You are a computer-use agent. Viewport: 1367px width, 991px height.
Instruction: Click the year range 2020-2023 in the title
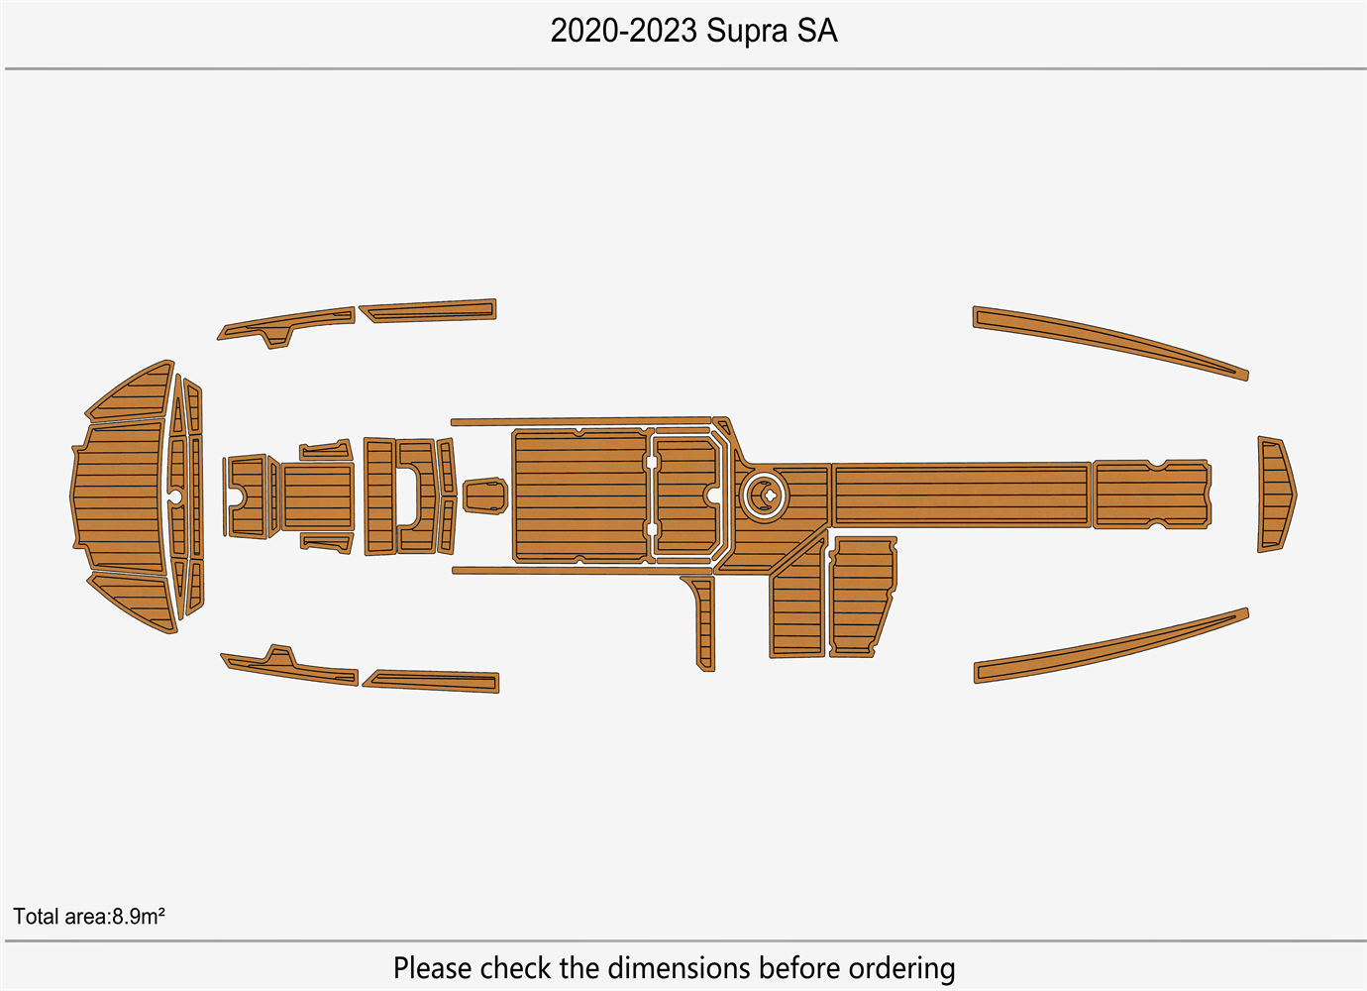(623, 31)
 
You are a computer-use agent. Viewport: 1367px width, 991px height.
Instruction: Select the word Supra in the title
(746, 32)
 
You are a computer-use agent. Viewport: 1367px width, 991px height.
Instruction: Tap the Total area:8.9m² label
(89, 916)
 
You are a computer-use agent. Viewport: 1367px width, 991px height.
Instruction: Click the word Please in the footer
(432, 968)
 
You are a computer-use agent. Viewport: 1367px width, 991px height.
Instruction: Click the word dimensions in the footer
(680, 968)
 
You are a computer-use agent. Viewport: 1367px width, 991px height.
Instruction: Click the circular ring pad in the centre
(765, 495)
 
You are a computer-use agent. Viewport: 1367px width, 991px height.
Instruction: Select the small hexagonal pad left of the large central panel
(485, 495)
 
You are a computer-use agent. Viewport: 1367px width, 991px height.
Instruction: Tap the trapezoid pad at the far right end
(1277, 495)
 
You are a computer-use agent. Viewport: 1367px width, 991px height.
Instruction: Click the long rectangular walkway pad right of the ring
(961, 495)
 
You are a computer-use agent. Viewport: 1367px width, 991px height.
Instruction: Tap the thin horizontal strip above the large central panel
(581, 421)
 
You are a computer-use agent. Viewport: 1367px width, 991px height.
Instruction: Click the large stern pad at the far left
(118, 495)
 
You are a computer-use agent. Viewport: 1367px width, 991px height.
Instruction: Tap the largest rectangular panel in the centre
(580, 495)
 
